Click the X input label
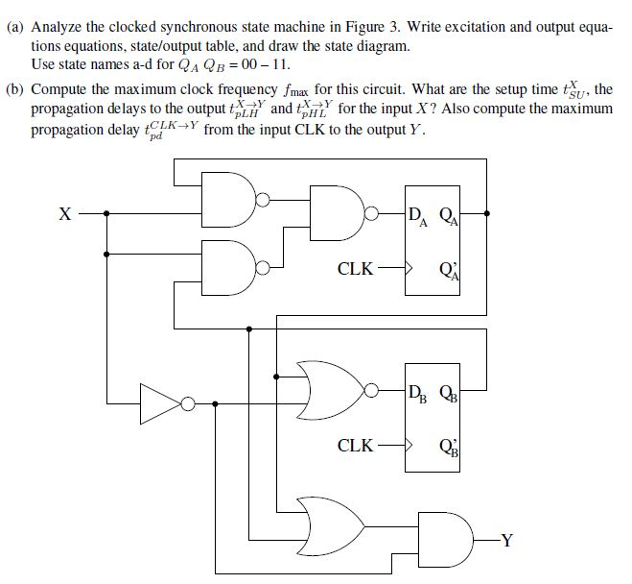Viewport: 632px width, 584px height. [63, 213]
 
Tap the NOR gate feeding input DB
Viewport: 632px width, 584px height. [326, 390]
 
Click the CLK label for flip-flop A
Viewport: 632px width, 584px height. [355, 269]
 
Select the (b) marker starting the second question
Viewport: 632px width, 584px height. [15, 89]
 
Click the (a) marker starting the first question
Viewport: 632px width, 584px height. [15, 29]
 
